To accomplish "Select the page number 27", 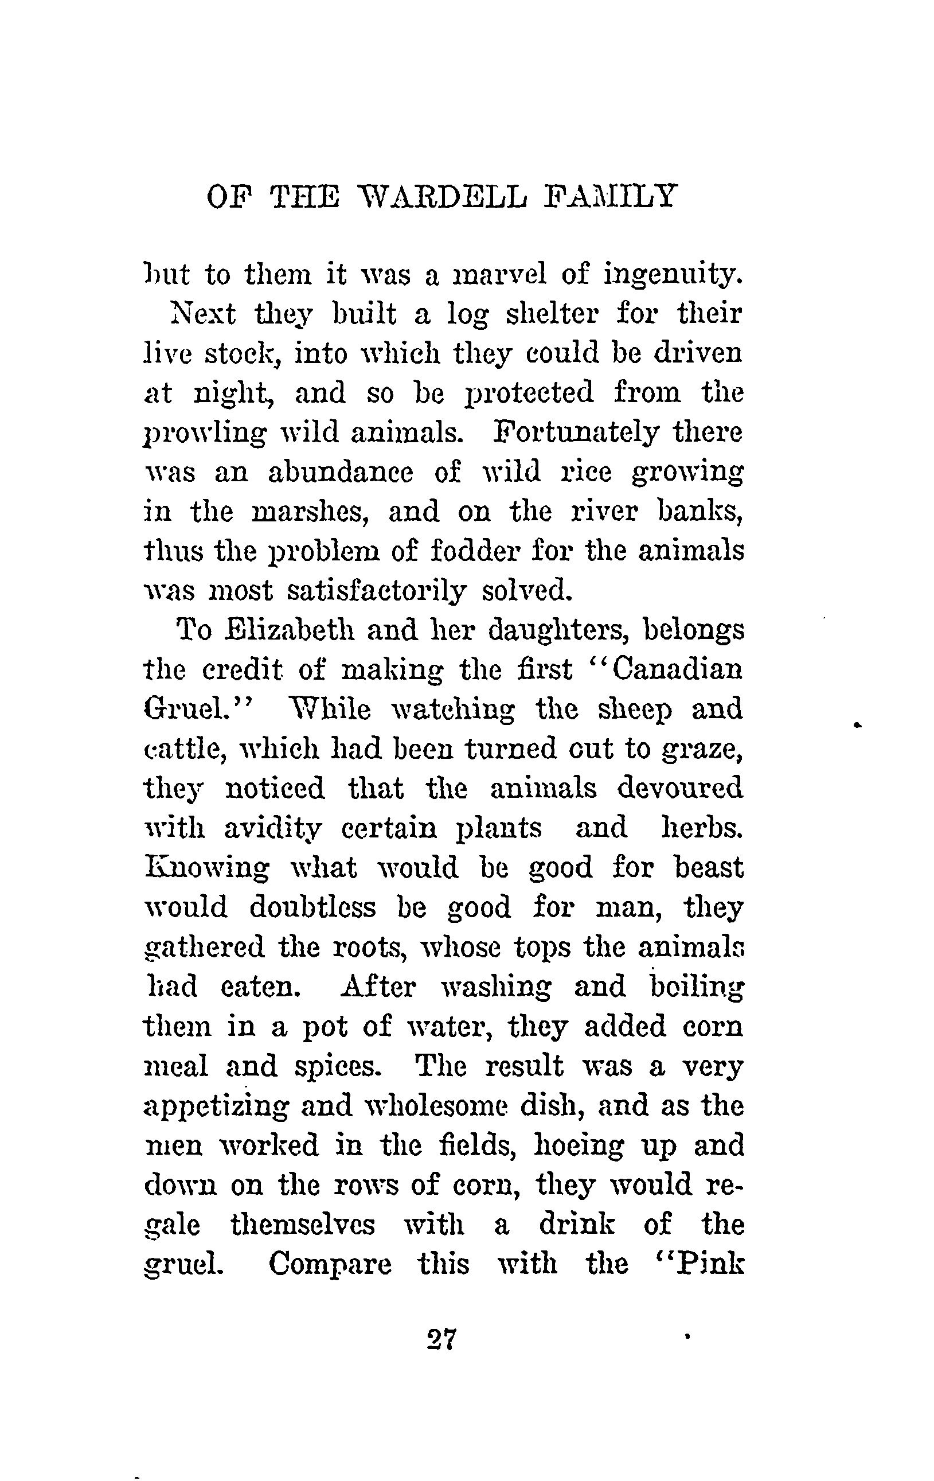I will pyautogui.click(x=441, y=1339).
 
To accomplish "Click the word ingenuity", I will pyautogui.click(x=673, y=275).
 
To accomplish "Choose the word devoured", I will pyautogui.click(x=680, y=788).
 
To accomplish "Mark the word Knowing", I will pyautogui.click(x=206, y=867).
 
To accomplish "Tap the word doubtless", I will pyautogui.click(x=312, y=907).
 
